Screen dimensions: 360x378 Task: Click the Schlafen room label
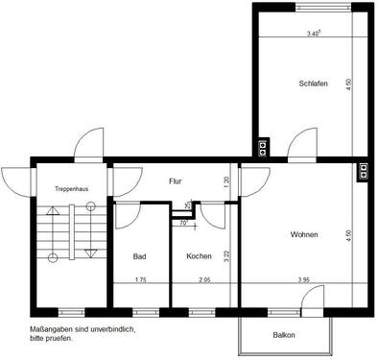coord(314,84)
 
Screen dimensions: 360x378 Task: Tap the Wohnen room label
coord(304,235)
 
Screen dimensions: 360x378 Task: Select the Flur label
coord(176,180)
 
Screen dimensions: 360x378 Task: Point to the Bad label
coord(140,256)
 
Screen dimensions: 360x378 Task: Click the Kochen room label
coord(199,256)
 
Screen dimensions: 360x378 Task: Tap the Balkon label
coord(284,335)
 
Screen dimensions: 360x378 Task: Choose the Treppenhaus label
coord(72,188)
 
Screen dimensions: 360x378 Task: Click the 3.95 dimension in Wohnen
coord(303,280)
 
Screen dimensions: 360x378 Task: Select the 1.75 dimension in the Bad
coord(140,280)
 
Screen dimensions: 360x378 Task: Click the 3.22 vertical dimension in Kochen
coord(226,256)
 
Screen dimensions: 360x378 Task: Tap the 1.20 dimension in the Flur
coord(226,180)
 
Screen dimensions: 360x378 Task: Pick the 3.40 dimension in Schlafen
coord(313,34)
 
